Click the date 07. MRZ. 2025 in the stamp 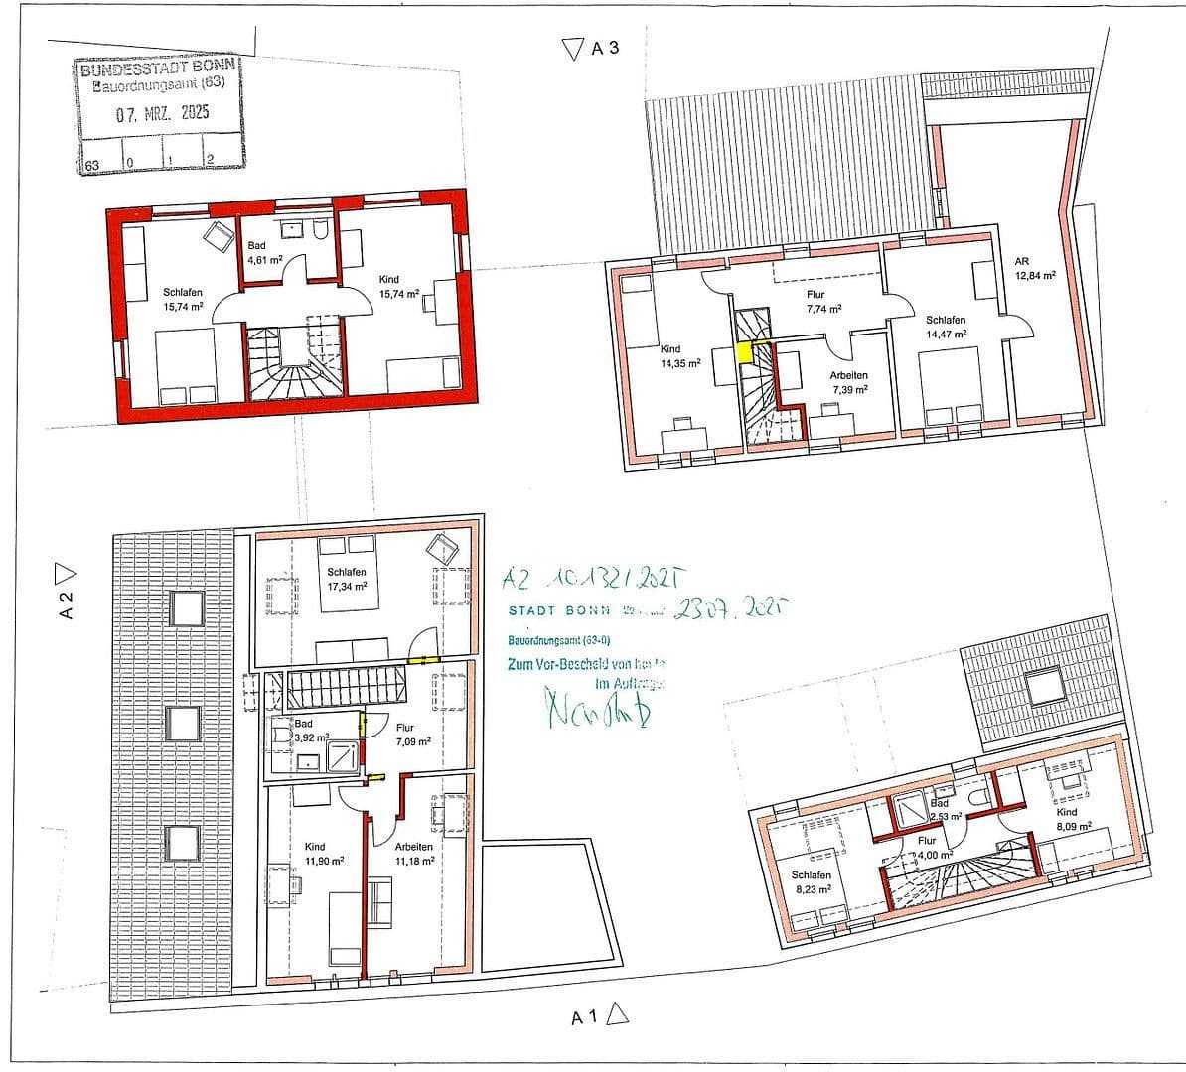[161, 113]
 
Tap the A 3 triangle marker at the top [571, 48]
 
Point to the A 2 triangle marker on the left [67, 572]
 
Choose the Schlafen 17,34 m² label [347, 579]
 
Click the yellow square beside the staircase [744, 350]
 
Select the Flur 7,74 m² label [821, 301]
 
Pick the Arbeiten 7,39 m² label [849, 383]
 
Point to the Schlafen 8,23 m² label [811, 882]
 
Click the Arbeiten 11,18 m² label [413, 854]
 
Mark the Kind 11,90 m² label [323, 854]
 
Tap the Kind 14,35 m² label [680, 356]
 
